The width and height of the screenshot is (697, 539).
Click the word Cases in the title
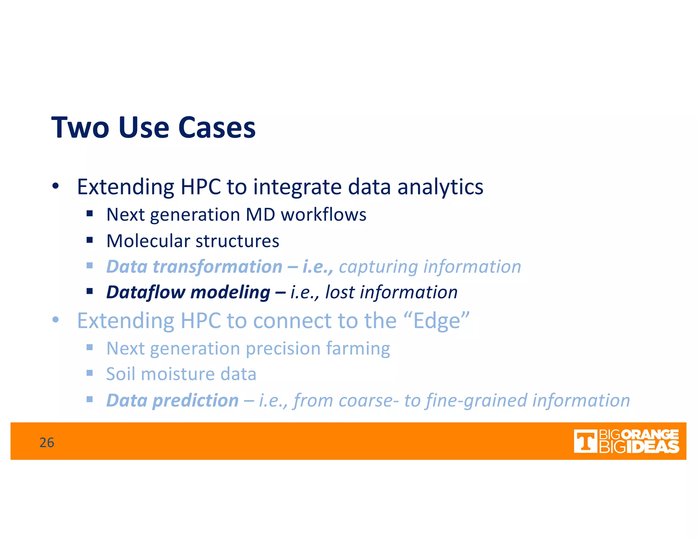coord(217,127)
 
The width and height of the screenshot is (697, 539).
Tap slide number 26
coord(47,442)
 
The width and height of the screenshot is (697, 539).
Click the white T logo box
coord(585,441)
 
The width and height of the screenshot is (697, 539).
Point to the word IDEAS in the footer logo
coord(652,447)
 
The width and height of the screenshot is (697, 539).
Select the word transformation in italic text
coord(217,266)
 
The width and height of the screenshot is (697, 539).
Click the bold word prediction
coord(195,401)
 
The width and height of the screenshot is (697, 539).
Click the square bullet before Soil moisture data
coord(90,373)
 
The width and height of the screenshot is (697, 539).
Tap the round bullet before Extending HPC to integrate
coord(55,186)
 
